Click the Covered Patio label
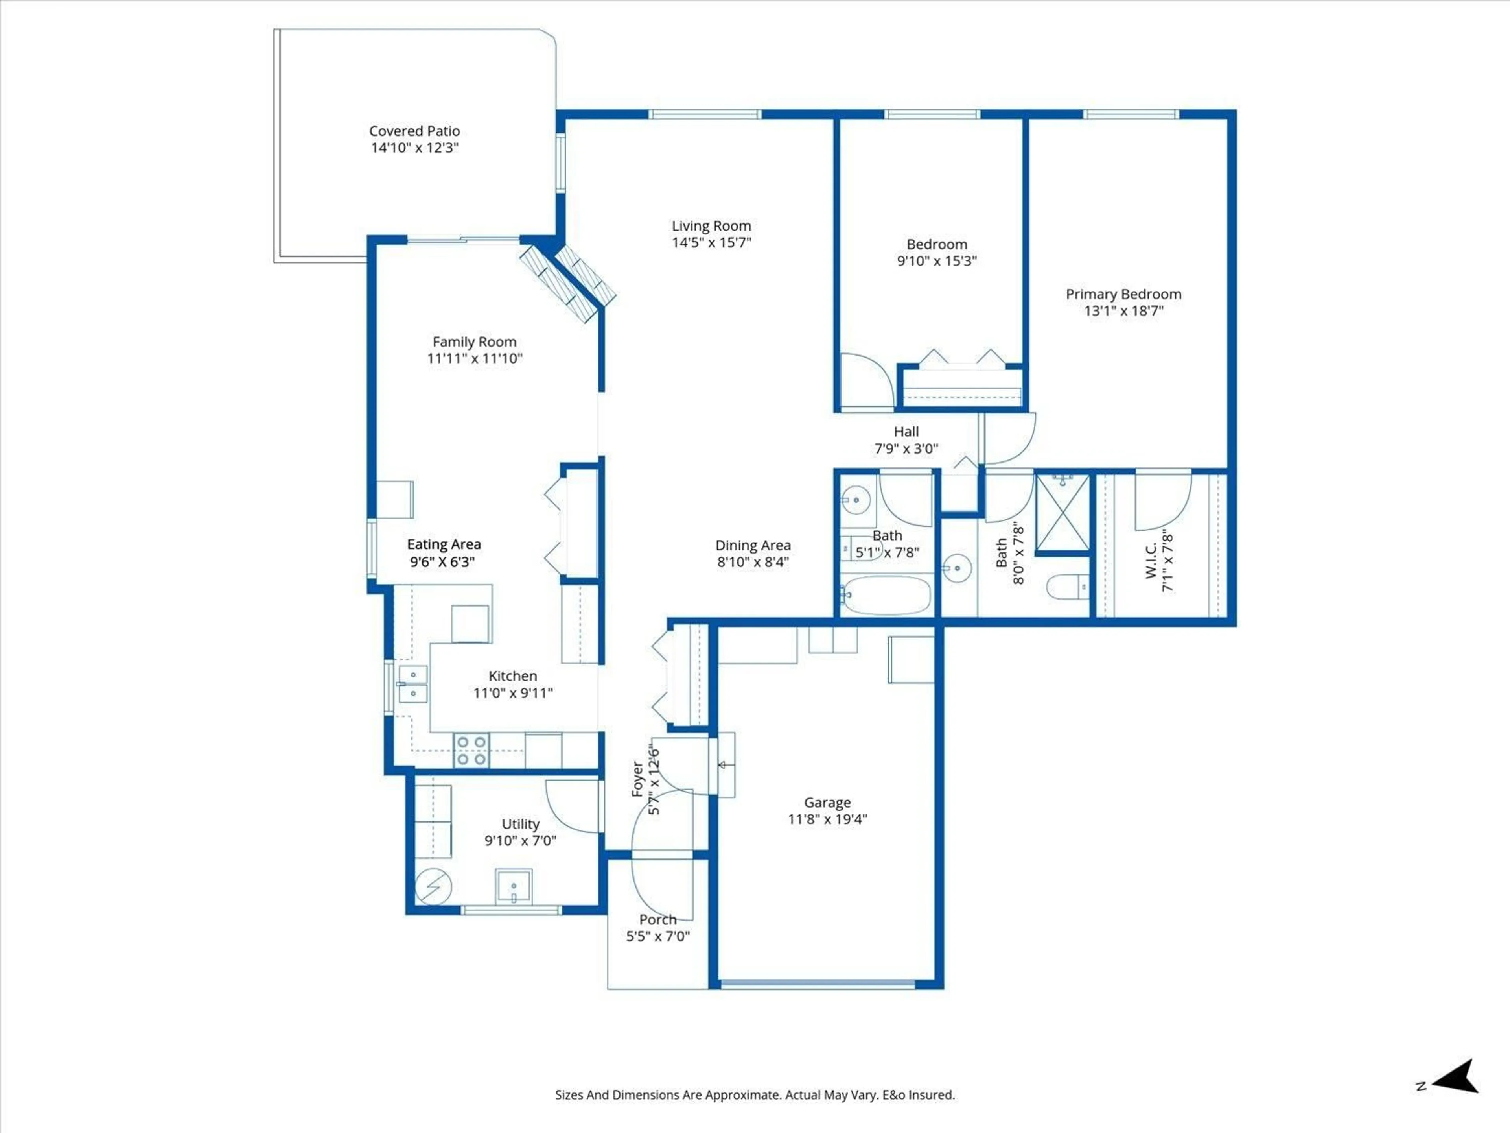pos(414,131)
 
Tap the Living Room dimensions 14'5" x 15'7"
pos(711,242)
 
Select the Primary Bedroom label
pos(1123,294)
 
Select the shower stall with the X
pos(1062,513)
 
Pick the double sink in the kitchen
pos(413,684)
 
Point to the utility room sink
pos(513,886)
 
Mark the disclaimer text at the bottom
pos(754,1095)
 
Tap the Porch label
pos(657,920)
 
